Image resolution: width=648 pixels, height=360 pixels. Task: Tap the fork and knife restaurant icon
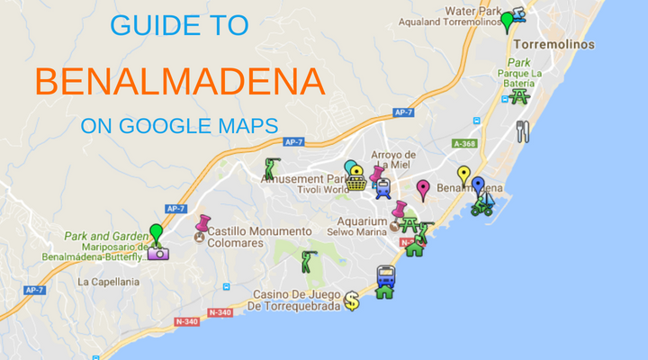point(523,131)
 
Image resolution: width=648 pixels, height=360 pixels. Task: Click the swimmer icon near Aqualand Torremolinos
point(520,15)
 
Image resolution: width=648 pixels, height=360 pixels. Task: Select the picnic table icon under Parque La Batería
point(519,95)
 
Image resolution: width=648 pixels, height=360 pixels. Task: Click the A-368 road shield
point(464,143)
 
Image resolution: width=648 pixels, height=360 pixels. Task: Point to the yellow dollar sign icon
point(352,301)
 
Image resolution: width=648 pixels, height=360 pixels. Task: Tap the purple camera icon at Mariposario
point(158,253)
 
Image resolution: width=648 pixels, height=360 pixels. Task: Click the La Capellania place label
point(108,282)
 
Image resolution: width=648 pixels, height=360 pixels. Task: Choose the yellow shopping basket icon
point(357,183)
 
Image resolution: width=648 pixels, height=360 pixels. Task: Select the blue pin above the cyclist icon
point(478,185)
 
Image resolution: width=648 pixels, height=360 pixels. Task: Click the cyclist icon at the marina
point(482,208)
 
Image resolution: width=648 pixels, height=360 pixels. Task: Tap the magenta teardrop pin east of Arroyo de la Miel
point(423,189)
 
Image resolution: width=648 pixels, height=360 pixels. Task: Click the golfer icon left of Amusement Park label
point(270,167)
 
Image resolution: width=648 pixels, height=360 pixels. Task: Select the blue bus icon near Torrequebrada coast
point(386,274)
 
